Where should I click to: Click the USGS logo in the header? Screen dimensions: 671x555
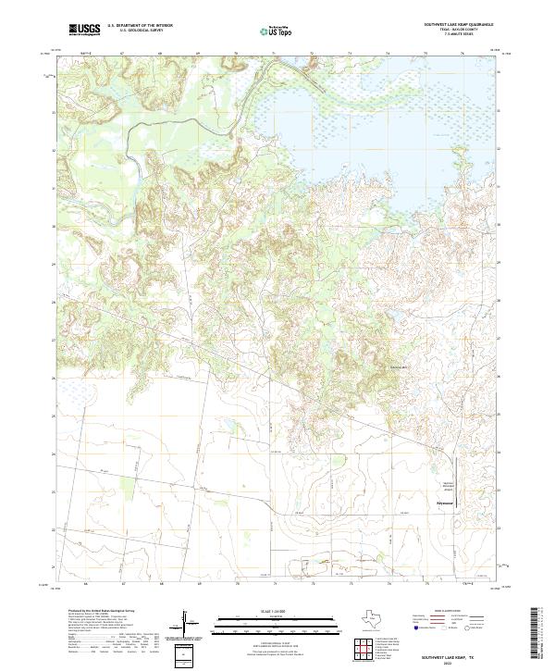[84, 31]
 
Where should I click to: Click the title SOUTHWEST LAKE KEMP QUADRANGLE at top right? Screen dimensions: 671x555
[458, 24]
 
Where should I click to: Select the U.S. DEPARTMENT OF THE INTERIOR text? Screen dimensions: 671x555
[140, 25]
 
